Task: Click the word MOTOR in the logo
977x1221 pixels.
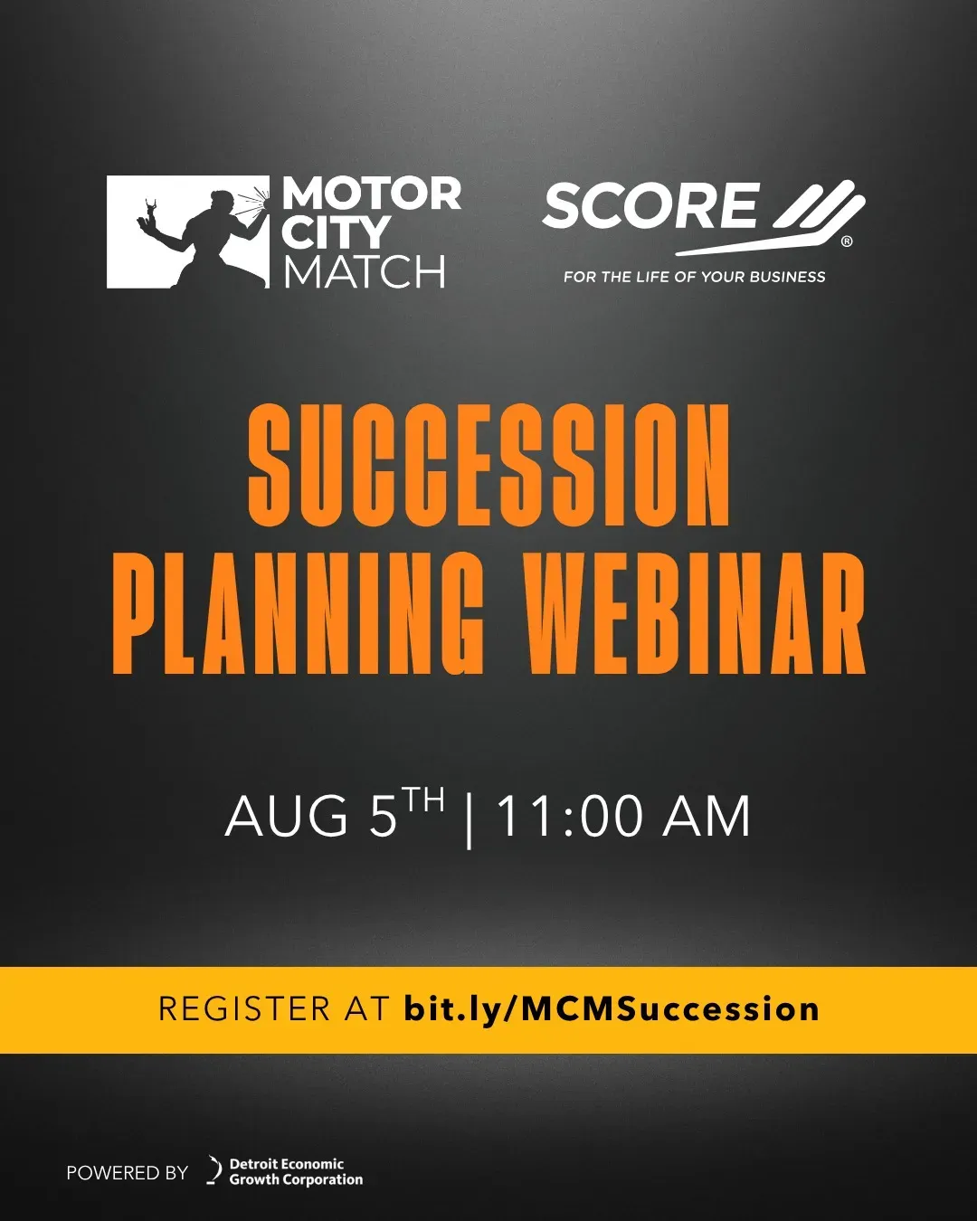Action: pyautogui.click(x=372, y=194)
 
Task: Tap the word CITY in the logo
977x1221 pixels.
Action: pyautogui.click(x=335, y=232)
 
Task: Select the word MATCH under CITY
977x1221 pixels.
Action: pyautogui.click(x=364, y=271)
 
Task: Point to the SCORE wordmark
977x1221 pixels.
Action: pyautogui.click(x=650, y=205)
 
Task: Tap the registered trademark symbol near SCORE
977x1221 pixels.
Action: pyautogui.click(x=847, y=241)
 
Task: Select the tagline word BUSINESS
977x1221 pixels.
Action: pyautogui.click(x=787, y=277)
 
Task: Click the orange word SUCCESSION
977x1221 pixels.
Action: pyautogui.click(x=488, y=465)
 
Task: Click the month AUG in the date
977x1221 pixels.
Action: pyautogui.click(x=287, y=816)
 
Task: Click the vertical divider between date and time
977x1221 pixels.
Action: pyautogui.click(x=469, y=820)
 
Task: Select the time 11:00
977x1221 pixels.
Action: pyautogui.click(x=570, y=816)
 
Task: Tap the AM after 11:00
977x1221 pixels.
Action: pyautogui.click(x=707, y=816)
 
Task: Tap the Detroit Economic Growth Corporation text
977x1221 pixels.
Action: pyautogui.click(x=296, y=1172)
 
